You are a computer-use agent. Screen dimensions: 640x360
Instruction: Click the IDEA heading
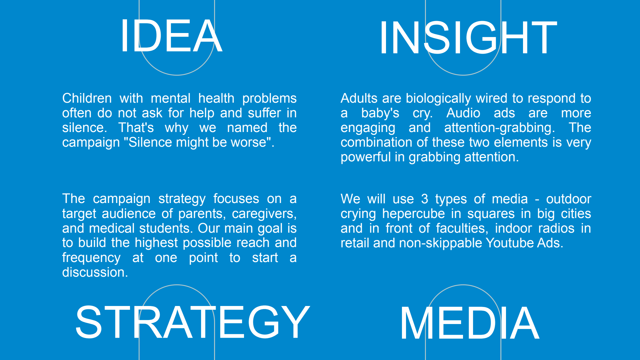tap(171, 36)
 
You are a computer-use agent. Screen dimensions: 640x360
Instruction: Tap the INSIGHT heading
tap(468, 37)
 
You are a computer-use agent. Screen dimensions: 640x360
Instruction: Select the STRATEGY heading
tap(193, 322)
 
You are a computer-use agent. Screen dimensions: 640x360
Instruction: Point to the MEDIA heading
tap(470, 323)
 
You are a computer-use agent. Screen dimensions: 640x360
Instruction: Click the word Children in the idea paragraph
tap(87, 98)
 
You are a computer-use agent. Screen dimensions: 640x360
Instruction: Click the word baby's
tap(380, 113)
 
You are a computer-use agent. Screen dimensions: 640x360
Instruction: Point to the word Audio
tap(463, 113)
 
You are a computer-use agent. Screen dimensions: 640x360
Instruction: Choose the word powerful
tap(366, 157)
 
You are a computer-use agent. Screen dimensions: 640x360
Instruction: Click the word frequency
tap(91, 258)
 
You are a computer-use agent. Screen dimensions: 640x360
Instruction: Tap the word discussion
tap(95, 272)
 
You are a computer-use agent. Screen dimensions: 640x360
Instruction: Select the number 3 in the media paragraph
tap(424, 199)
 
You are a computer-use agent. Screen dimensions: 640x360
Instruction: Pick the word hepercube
tap(414, 214)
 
